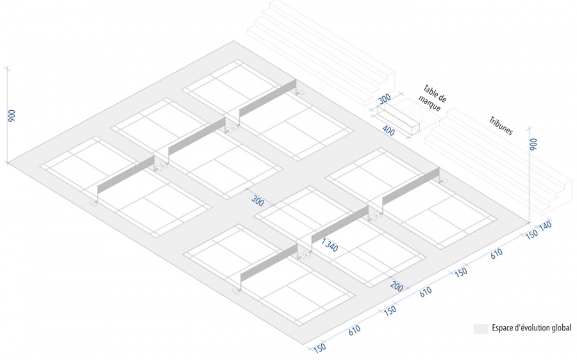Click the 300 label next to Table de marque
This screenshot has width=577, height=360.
pos(385,100)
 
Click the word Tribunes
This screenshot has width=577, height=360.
pos(500,125)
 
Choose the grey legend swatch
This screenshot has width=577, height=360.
pos(480,328)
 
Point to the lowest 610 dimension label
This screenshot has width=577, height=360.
pos(355,331)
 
